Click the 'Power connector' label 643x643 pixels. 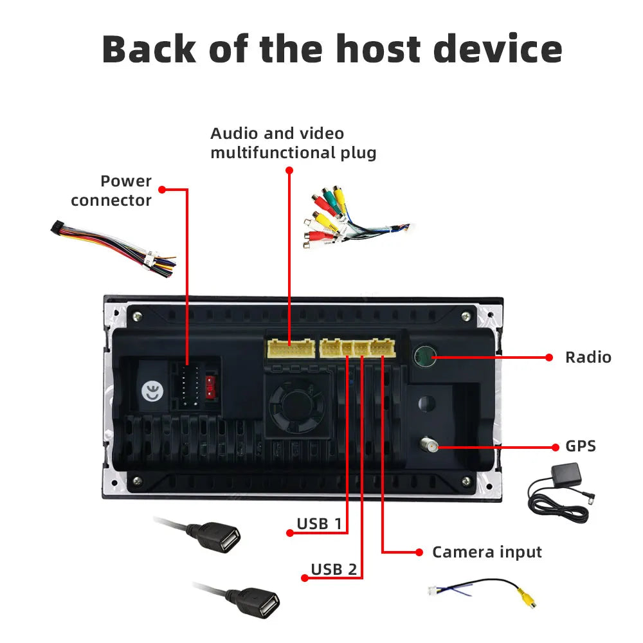[111, 190]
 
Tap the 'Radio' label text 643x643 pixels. [588, 357]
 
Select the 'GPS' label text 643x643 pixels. [580, 446]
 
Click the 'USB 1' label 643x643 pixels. [319, 523]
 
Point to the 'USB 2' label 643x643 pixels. [334, 569]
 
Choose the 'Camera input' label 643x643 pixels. [487, 552]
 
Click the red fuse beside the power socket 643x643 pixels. [210, 386]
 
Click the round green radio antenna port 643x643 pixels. [424, 356]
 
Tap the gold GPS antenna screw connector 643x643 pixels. [428, 444]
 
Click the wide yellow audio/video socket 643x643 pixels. [291, 349]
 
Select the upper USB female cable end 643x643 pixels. [221, 537]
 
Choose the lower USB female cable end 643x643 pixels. [260, 602]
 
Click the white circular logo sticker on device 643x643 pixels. [152, 394]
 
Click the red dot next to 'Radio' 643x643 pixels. [549, 357]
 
